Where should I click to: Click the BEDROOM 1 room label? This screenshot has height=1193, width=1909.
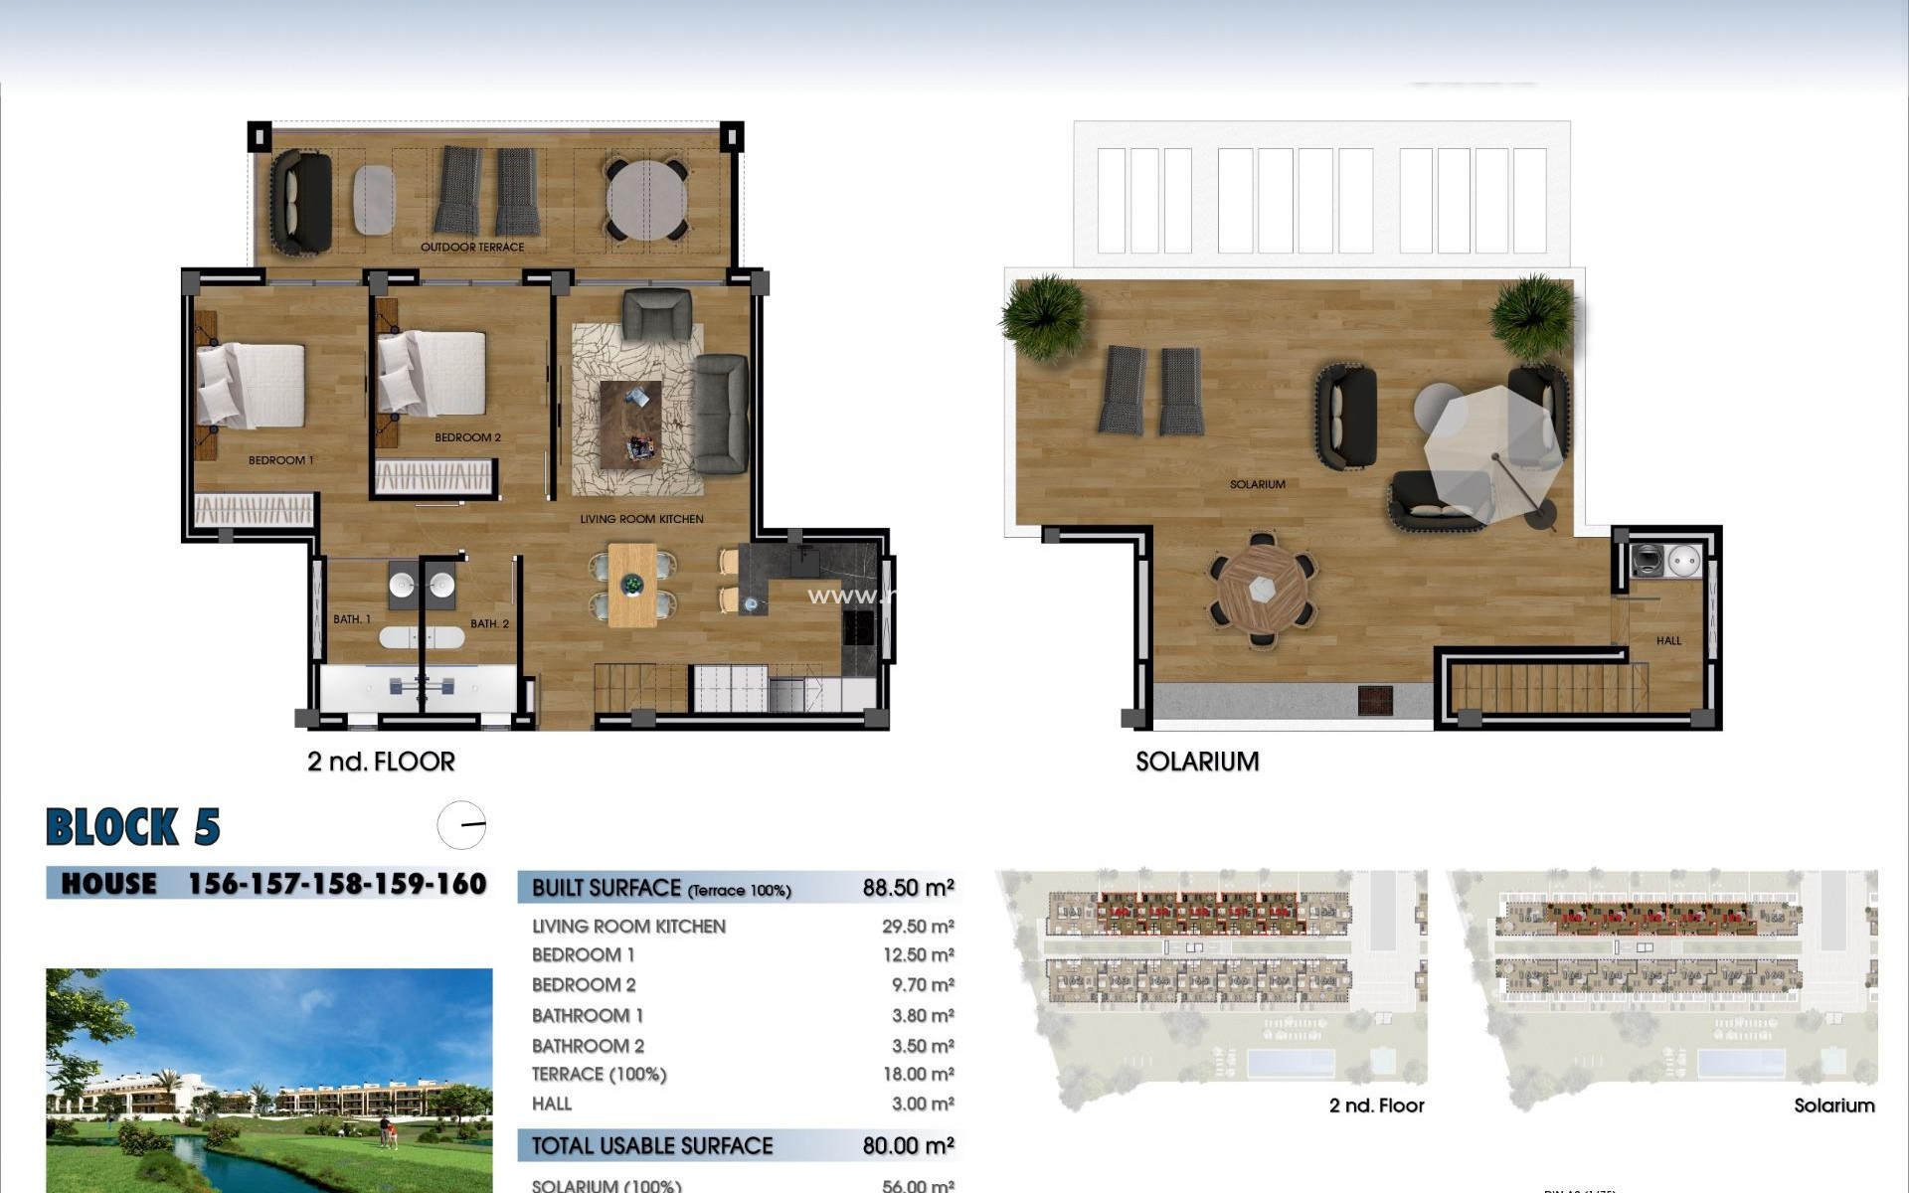coord(280,460)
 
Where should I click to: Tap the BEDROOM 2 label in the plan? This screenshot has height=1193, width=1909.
coord(467,437)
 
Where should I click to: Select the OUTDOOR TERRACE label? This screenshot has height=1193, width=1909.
coord(471,248)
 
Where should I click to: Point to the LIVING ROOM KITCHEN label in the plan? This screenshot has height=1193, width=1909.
coord(641,519)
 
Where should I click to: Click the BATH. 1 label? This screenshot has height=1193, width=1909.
coord(352,619)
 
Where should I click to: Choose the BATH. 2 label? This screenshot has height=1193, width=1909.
coord(489,624)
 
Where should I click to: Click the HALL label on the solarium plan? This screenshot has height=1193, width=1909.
coord(1668,641)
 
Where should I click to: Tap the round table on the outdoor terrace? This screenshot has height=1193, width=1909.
coord(647,200)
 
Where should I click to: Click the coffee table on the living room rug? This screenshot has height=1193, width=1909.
coord(630,422)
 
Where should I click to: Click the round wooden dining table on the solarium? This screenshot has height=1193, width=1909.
coord(1263,590)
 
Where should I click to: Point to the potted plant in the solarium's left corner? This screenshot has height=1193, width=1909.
coord(1043,316)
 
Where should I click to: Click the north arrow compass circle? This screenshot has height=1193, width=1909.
coord(461,825)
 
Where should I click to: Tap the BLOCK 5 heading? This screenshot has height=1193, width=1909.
coord(133,827)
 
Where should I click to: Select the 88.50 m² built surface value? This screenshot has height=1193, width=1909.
coord(908,888)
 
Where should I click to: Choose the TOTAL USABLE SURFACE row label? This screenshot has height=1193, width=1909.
coord(652,1146)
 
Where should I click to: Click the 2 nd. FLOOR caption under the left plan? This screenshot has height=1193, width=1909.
coord(381,762)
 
